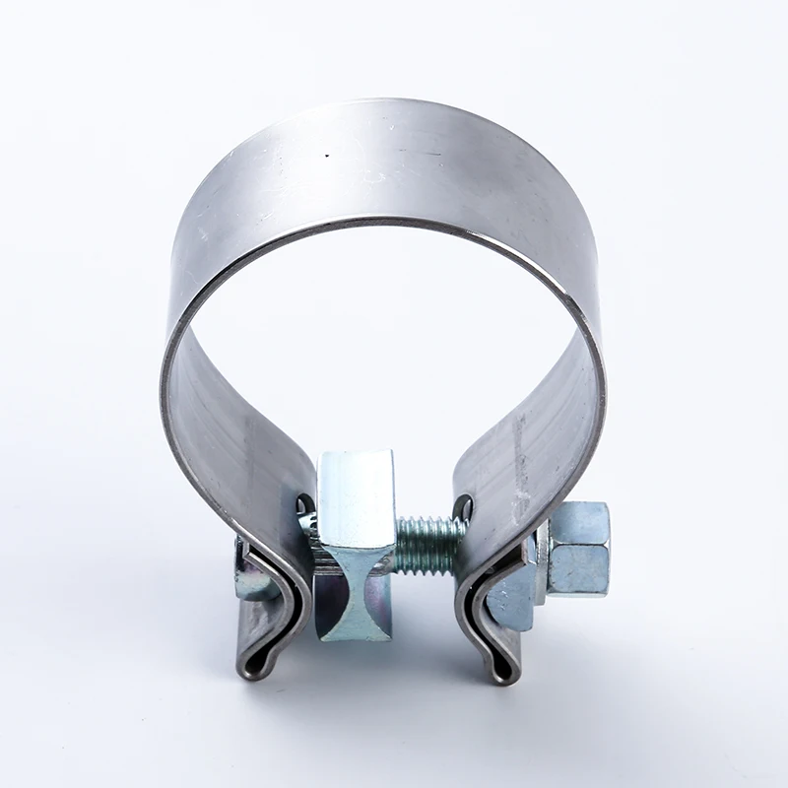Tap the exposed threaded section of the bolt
tap(429, 544)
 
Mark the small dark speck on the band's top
tap(328, 156)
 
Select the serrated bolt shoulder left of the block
tap(312, 537)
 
